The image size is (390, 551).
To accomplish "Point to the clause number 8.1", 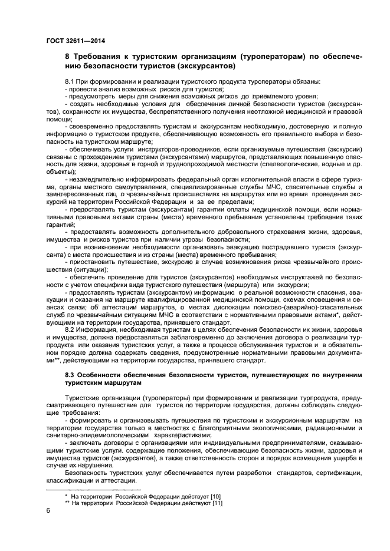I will [x=69, y=81].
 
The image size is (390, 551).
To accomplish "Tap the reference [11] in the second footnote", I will [x=217, y=504].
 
